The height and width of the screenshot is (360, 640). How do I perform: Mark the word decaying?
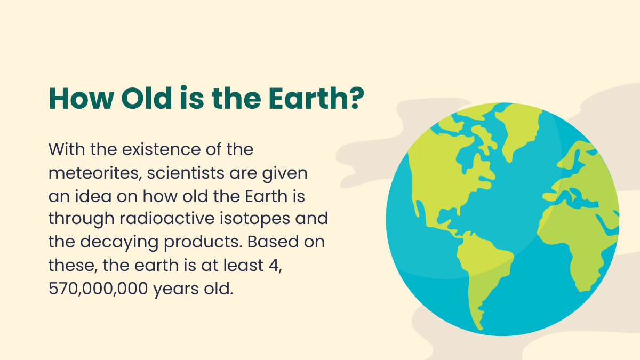pos(124,242)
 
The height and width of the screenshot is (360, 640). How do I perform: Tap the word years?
pos(174,289)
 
